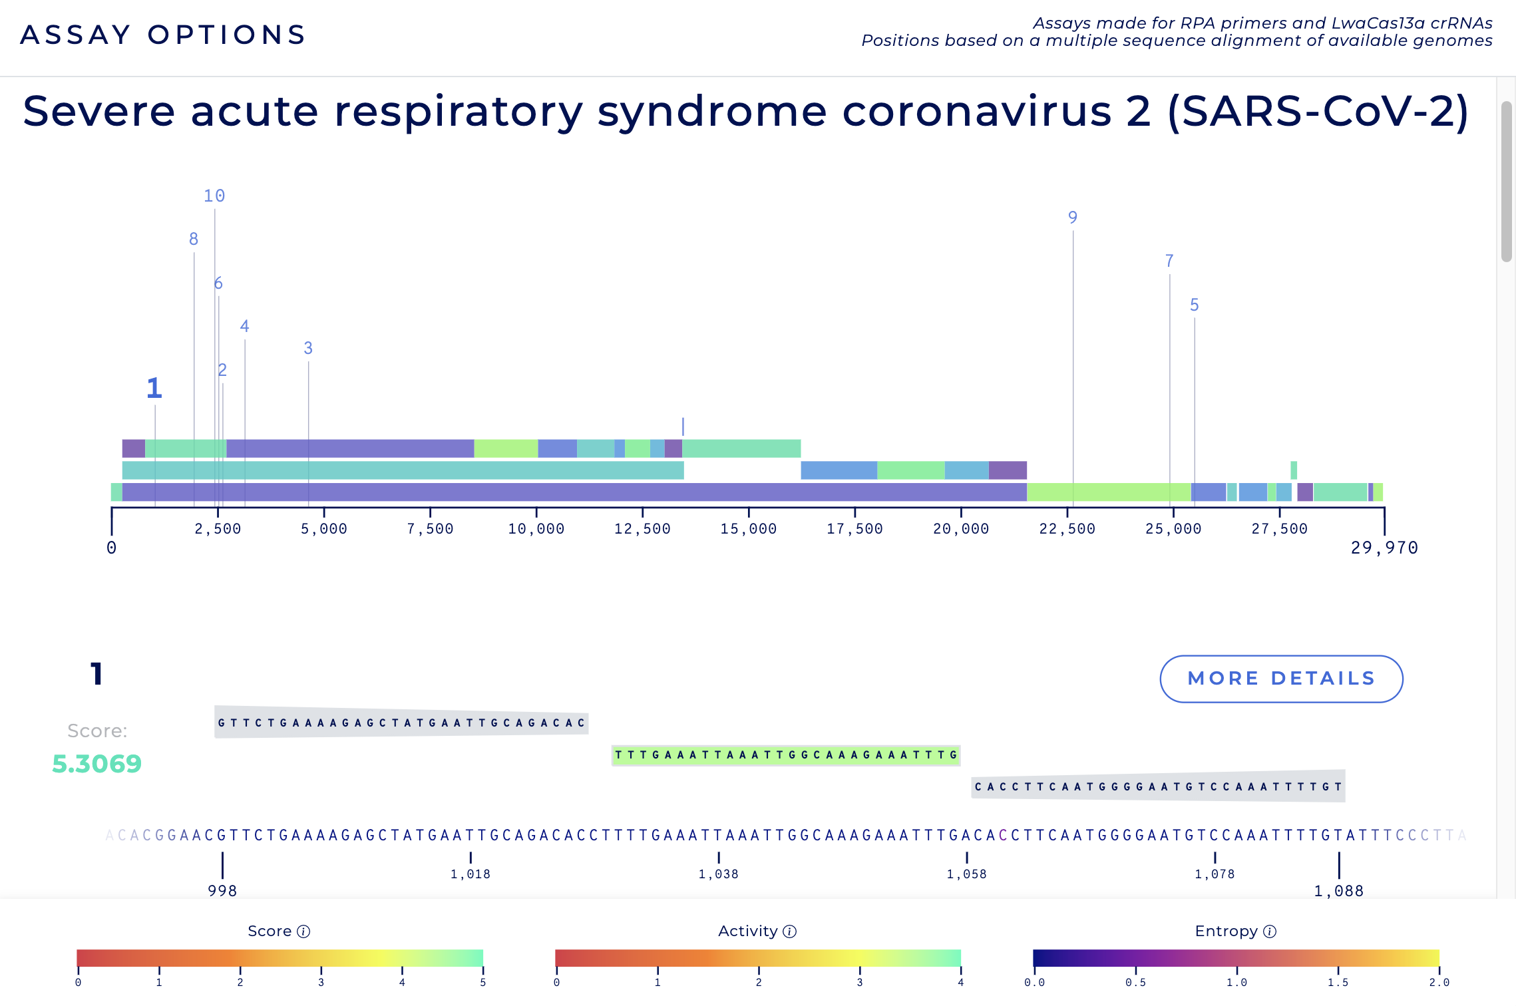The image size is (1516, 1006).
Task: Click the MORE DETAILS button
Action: point(1281,679)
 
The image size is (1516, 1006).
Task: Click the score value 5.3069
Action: point(97,764)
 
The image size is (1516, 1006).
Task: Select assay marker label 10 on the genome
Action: point(214,196)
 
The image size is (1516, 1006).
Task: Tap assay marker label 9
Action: point(1072,218)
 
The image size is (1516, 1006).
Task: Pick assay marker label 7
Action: point(1169,261)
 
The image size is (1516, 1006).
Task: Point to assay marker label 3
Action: point(308,348)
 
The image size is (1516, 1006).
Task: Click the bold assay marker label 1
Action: point(154,389)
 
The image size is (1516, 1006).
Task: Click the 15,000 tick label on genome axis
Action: point(748,529)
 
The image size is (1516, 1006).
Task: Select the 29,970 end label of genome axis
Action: point(1384,548)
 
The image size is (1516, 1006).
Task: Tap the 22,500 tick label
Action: point(1067,529)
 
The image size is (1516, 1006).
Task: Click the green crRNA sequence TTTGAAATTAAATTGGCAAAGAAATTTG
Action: point(785,755)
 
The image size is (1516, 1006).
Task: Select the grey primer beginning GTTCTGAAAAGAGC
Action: point(401,723)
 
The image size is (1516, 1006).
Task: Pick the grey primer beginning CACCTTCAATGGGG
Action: point(1158,786)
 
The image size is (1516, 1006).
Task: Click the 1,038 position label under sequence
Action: point(718,874)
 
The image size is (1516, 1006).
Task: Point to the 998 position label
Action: point(222,891)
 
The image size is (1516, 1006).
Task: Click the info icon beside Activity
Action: point(790,931)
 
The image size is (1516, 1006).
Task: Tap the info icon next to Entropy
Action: point(1270,931)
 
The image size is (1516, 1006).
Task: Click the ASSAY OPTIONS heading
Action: point(163,35)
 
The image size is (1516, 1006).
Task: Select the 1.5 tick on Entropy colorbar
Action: point(1338,982)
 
